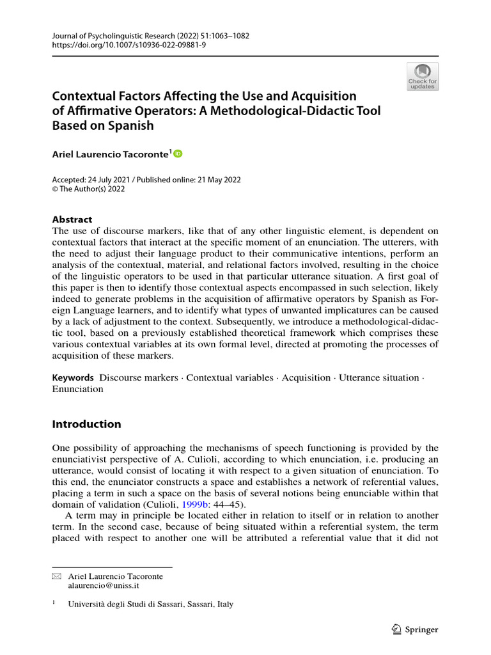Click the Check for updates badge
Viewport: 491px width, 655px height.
tap(422, 76)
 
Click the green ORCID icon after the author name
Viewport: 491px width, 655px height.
tap(178, 154)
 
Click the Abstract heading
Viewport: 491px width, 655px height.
tap(72, 219)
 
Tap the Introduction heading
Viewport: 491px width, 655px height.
tap(86, 424)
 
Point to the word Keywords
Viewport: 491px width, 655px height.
tap(73, 378)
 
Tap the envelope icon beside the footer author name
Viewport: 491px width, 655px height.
tap(56, 576)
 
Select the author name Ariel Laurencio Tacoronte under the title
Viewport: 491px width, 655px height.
tap(111, 154)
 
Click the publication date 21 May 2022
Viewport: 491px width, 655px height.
tap(214, 180)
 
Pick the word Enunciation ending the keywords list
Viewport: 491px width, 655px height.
tap(77, 389)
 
